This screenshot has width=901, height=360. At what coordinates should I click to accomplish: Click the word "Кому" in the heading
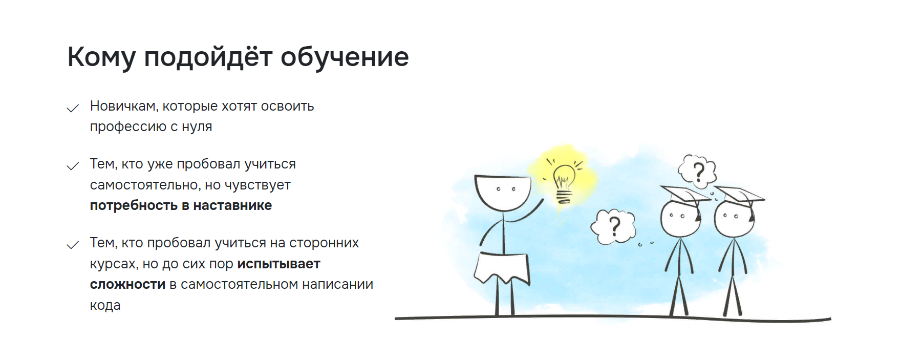(x=101, y=57)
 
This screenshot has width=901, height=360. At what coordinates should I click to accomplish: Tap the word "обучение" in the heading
(x=345, y=57)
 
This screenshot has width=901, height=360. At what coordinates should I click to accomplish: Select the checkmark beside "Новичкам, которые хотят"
(x=73, y=108)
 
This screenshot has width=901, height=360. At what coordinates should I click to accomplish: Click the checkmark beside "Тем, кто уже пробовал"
(x=73, y=166)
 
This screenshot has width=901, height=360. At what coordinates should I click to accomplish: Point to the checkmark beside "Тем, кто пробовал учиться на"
(x=73, y=245)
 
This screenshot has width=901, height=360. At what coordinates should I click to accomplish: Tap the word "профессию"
(x=128, y=127)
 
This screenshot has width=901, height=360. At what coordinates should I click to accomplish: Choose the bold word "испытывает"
(x=278, y=264)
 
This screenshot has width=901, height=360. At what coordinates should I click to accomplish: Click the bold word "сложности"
(x=127, y=285)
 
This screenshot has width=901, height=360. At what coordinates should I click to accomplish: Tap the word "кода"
(x=105, y=305)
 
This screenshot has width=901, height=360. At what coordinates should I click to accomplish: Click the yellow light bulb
(x=564, y=183)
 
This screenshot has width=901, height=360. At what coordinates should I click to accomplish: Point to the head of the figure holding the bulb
(x=502, y=192)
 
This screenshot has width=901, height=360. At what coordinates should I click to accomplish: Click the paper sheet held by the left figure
(x=502, y=268)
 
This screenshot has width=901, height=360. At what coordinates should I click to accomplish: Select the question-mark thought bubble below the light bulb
(x=613, y=226)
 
